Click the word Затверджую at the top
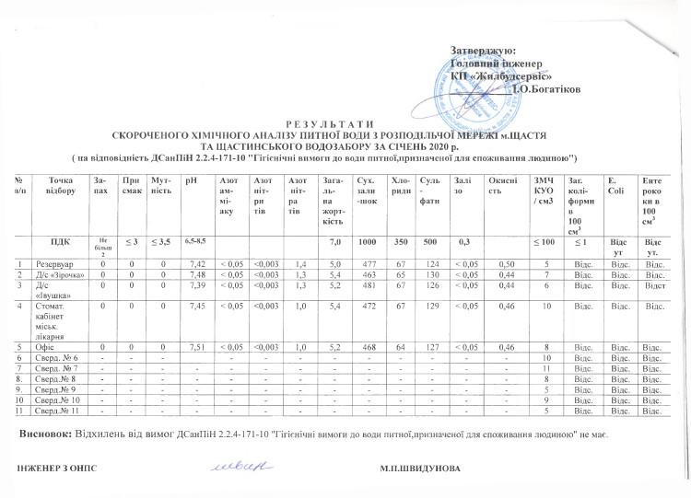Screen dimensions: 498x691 tap(483, 49)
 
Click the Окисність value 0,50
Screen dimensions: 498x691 tap(503, 263)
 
